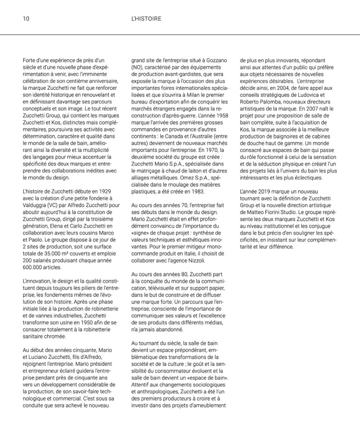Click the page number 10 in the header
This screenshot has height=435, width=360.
click(x=26, y=19)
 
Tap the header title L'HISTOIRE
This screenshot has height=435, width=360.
click(x=147, y=19)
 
